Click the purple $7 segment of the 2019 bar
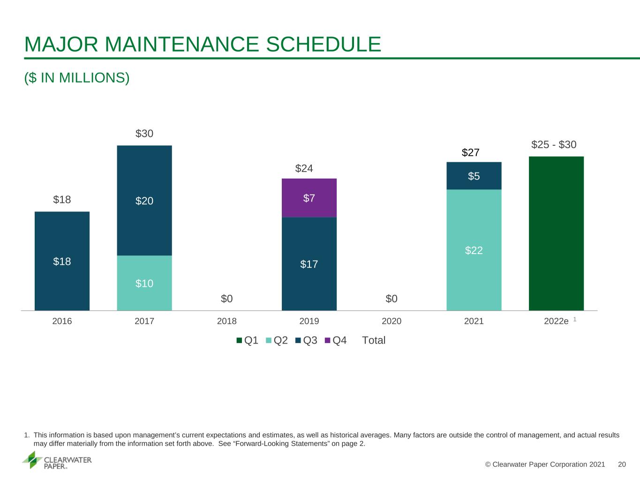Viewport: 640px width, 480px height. pyautogui.click(x=309, y=198)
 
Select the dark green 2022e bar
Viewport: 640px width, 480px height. pyautogui.click(x=557, y=233)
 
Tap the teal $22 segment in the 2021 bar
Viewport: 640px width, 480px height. pyautogui.click(x=474, y=250)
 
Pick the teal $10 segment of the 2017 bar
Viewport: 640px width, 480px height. pyautogui.click(x=144, y=283)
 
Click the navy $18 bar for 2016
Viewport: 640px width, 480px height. pyautogui.click(x=62, y=261)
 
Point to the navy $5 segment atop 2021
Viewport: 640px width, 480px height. pyautogui.click(x=474, y=176)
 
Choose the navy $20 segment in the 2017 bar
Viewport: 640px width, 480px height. pyautogui.click(x=144, y=201)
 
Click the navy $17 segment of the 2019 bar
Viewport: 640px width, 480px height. pyautogui.click(x=309, y=264)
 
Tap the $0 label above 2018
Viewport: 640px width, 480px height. pyautogui.click(x=226, y=299)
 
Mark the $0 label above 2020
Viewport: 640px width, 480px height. pyautogui.click(x=392, y=299)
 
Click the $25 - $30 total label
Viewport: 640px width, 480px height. pyautogui.click(x=554, y=144)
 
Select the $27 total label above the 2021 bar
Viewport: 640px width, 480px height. pyautogui.click(x=471, y=152)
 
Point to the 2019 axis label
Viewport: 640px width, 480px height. pyautogui.click(x=309, y=321)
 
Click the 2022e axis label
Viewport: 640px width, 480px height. pyautogui.click(x=557, y=321)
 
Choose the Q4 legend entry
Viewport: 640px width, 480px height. pyautogui.click(x=336, y=340)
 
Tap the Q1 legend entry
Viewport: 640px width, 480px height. pyautogui.click(x=247, y=340)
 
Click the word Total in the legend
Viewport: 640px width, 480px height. pyautogui.click(x=374, y=340)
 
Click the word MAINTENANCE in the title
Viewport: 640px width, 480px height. pyautogui.click(x=181, y=45)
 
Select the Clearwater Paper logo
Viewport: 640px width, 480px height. pyautogui.click(x=57, y=460)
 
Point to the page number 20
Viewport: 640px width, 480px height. pyautogui.click(x=622, y=464)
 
